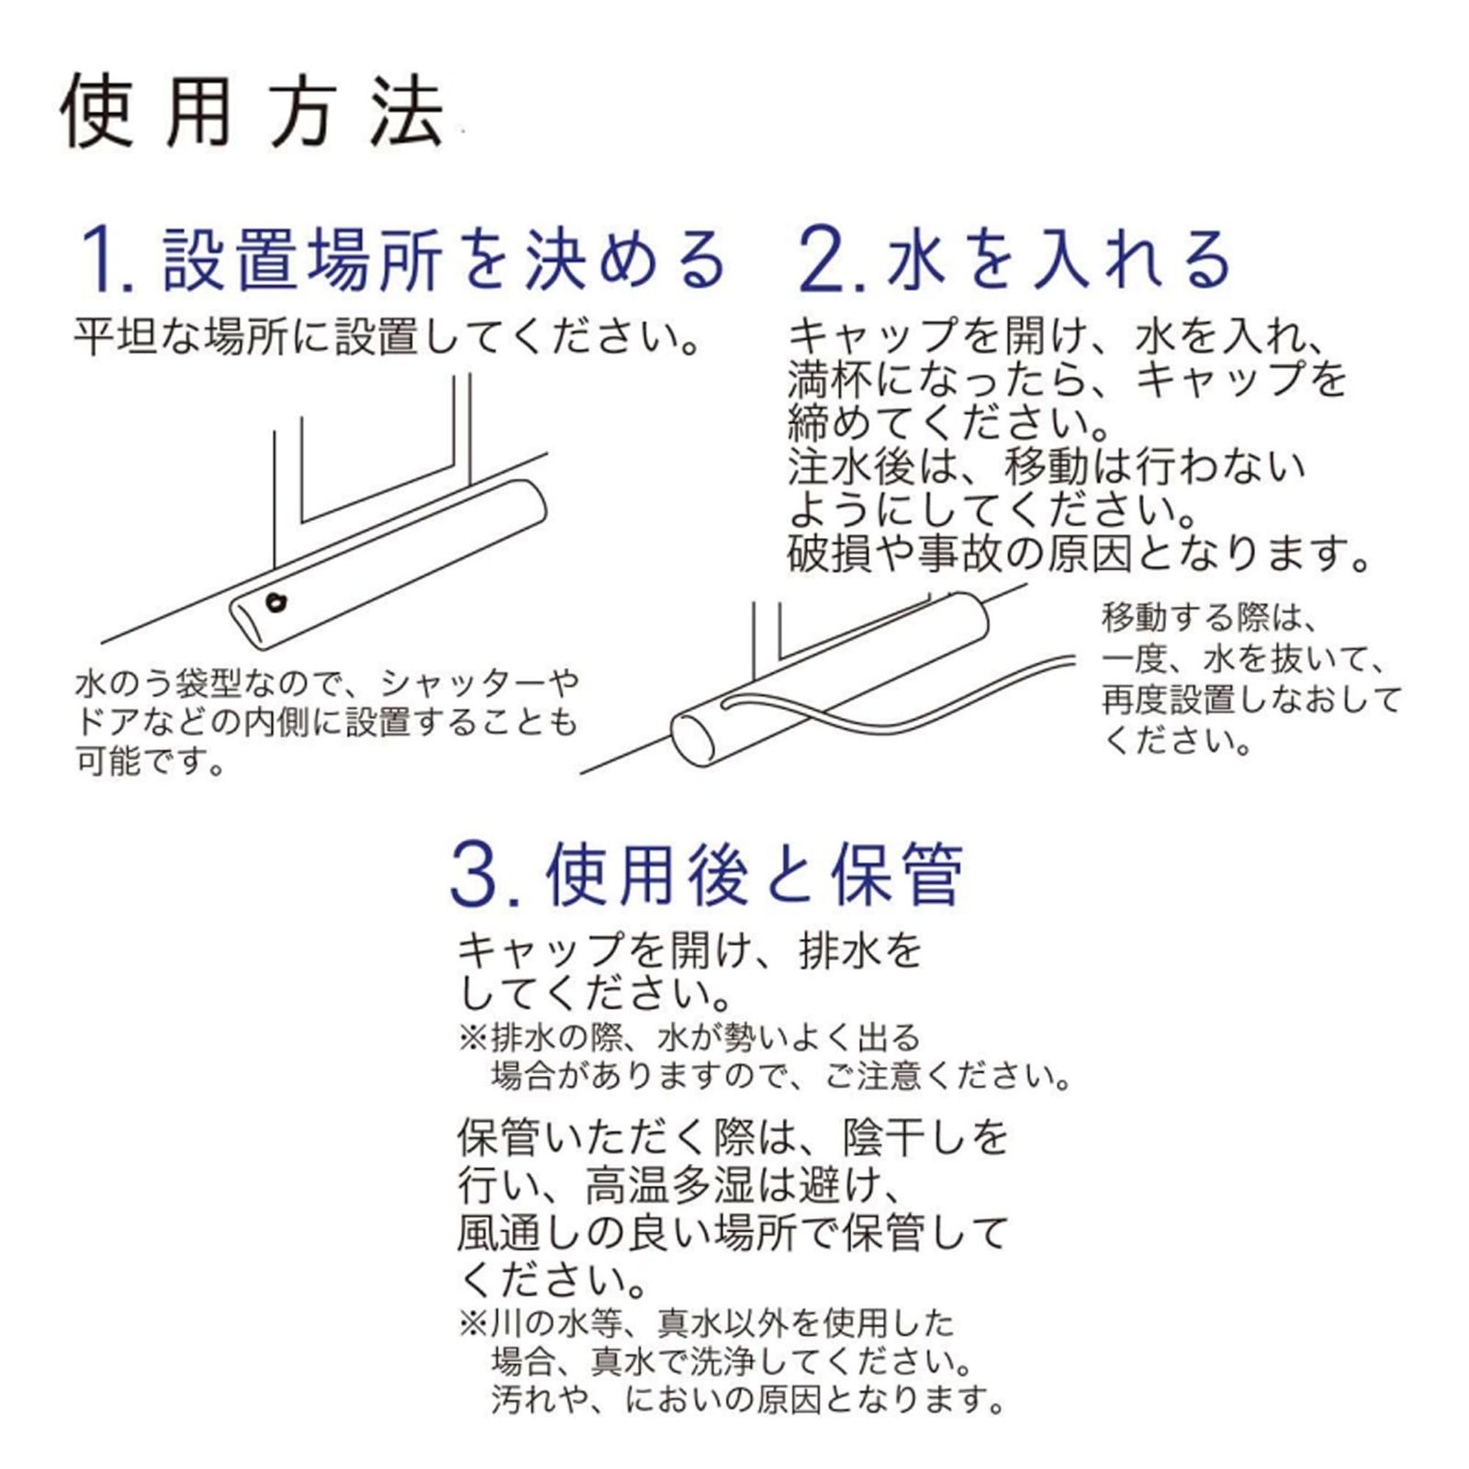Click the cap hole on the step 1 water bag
coord(275,602)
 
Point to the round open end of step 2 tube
coord(693,739)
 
